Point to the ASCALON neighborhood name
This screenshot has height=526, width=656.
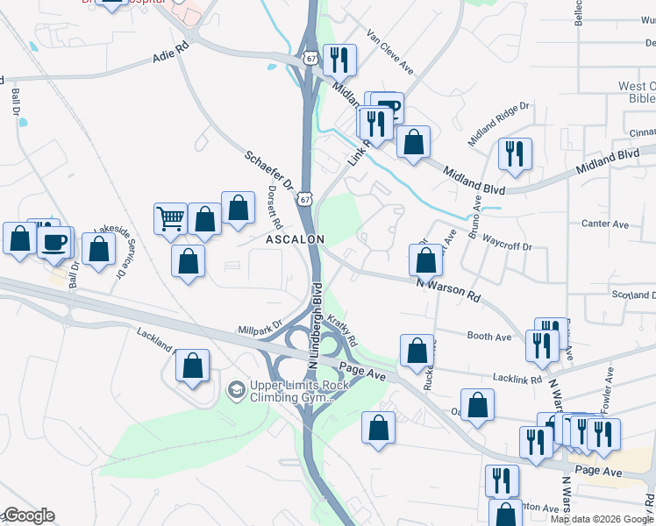(x=296, y=239)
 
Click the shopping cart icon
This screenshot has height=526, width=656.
(x=171, y=219)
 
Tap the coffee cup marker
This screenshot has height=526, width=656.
(x=55, y=240)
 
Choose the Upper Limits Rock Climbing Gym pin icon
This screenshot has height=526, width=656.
(x=235, y=388)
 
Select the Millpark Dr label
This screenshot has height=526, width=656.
(x=260, y=326)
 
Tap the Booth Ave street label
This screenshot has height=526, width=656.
(x=489, y=337)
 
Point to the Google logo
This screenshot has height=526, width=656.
(x=28, y=515)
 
